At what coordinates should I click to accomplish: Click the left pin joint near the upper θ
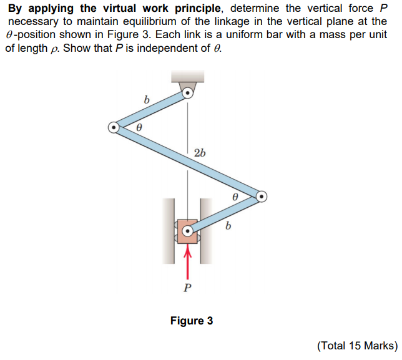coord(114,127)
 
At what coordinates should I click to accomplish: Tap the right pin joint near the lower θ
coord(262,197)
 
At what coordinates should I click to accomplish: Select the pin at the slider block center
coord(187,233)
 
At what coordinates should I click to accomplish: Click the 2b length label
coord(200,153)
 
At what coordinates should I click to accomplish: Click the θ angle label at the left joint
coord(139,126)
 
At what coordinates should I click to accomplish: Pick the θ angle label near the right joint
coord(235,196)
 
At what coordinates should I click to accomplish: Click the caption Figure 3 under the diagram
coord(192,321)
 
